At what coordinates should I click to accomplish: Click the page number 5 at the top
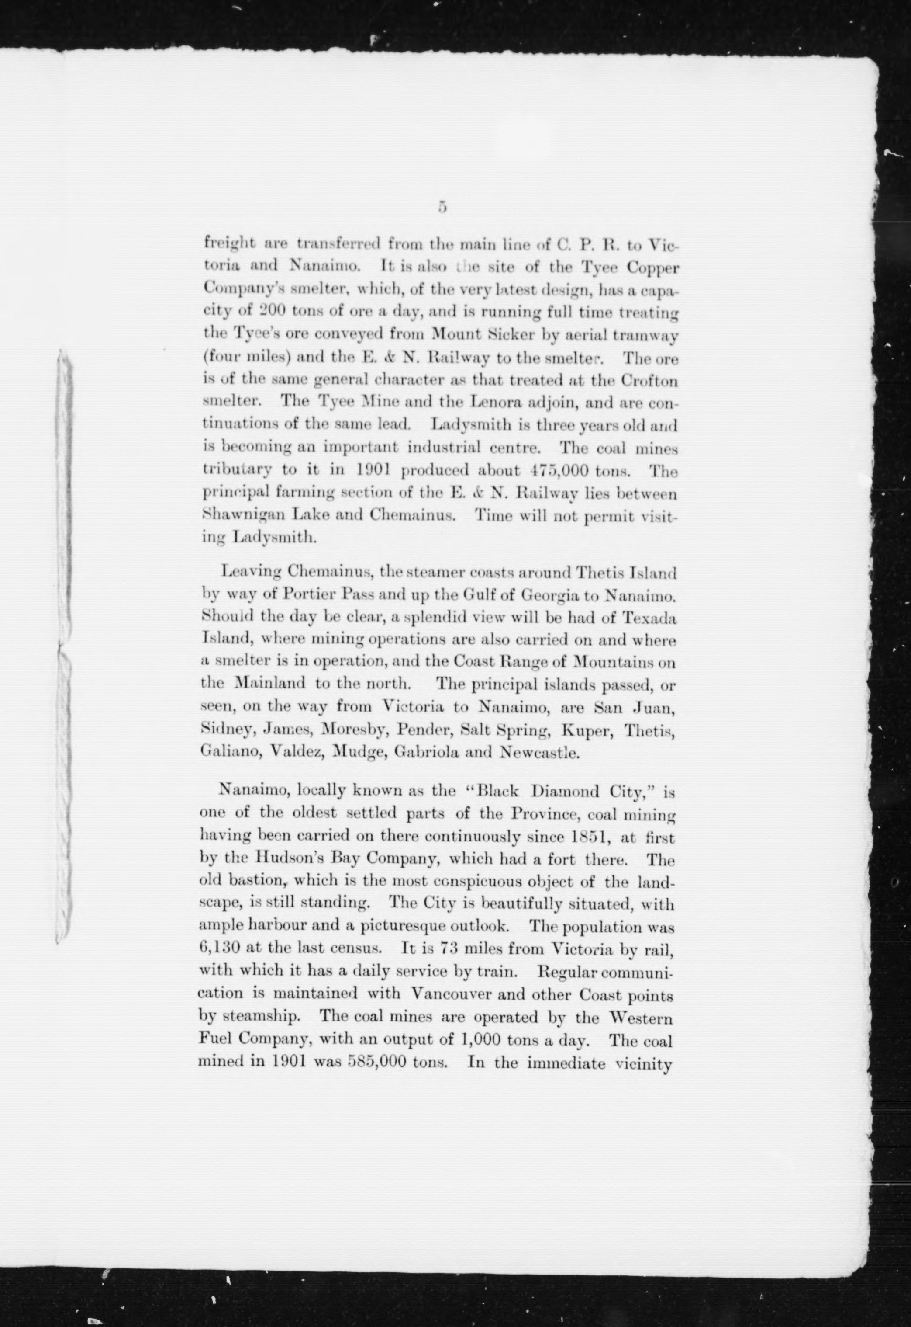click(441, 207)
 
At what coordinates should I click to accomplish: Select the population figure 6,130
click(219, 949)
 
